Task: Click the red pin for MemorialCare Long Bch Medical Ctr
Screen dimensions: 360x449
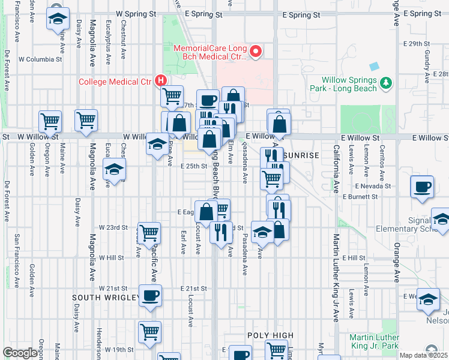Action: click(256, 52)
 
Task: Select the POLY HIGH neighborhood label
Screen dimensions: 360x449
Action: click(271, 335)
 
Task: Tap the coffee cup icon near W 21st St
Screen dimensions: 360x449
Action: click(150, 296)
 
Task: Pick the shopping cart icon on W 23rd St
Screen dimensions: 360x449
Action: click(149, 231)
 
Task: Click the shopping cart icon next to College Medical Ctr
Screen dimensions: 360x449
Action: click(172, 95)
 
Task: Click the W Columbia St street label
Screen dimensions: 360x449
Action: click(40, 59)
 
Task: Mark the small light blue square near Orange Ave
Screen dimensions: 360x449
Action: click(375, 66)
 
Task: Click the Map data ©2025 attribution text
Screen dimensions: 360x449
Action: click(423, 355)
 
